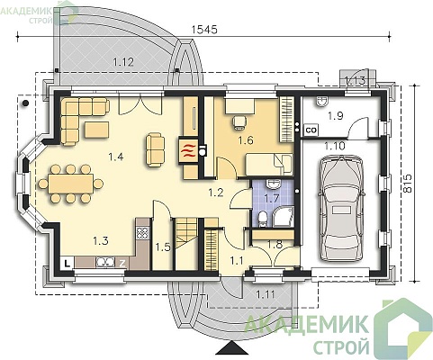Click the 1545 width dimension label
point(204,30)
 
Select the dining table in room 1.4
point(71,184)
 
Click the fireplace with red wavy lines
point(188,149)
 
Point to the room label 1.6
point(246,140)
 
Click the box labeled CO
point(311,130)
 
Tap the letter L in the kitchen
point(68,263)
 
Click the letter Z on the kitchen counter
point(122,264)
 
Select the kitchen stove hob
point(142,233)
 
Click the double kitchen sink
point(105,262)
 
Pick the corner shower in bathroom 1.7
point(283,216)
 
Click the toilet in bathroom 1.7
point(262,219)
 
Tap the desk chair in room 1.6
point(239,122)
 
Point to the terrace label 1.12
point(123,62)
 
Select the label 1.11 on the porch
point(266,294)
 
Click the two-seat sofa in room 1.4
point(155,150)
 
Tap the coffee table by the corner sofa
point(96,130)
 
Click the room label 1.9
point(336,115)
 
